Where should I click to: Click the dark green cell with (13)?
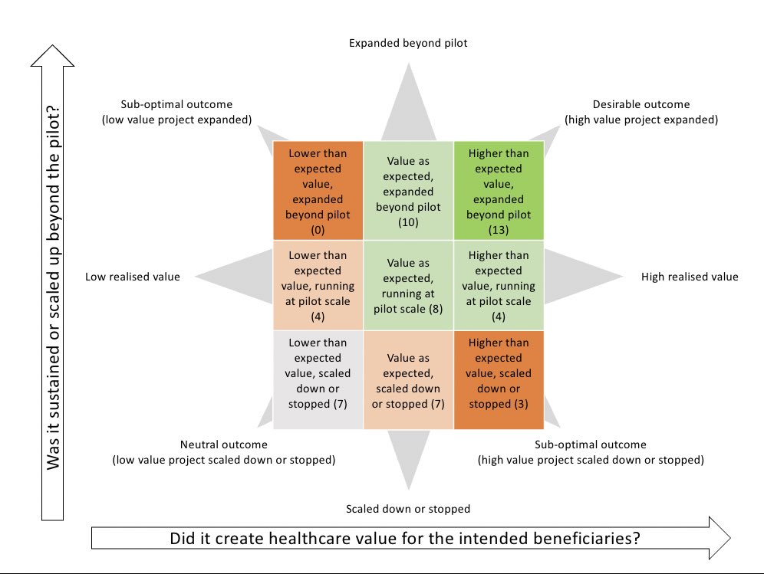pyautogui.click(x=499, y=191)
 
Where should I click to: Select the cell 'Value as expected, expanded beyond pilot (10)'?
pyautogui.click(x=408, y=191)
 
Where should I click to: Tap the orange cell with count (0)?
pyautogui.click(x=318, y=191)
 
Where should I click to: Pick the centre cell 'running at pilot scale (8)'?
pyautogui.click(x=408, y=285)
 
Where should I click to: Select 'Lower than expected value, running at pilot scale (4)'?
pyautogui.click(x=318, y=285)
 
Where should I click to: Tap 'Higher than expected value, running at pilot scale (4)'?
pyautogui.click(x=499, y=285)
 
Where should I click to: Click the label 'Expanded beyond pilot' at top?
pyautogui.click(x=408, y=44)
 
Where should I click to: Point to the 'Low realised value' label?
pyautogui.click(x=133, y=277)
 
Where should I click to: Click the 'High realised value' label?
pyautogui.click(x=690, y=277)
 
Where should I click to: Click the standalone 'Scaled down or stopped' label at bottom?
pyautogui.click(x=408, y=509)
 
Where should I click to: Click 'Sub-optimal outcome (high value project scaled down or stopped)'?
pyautogui.click(x=590, y=452)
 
